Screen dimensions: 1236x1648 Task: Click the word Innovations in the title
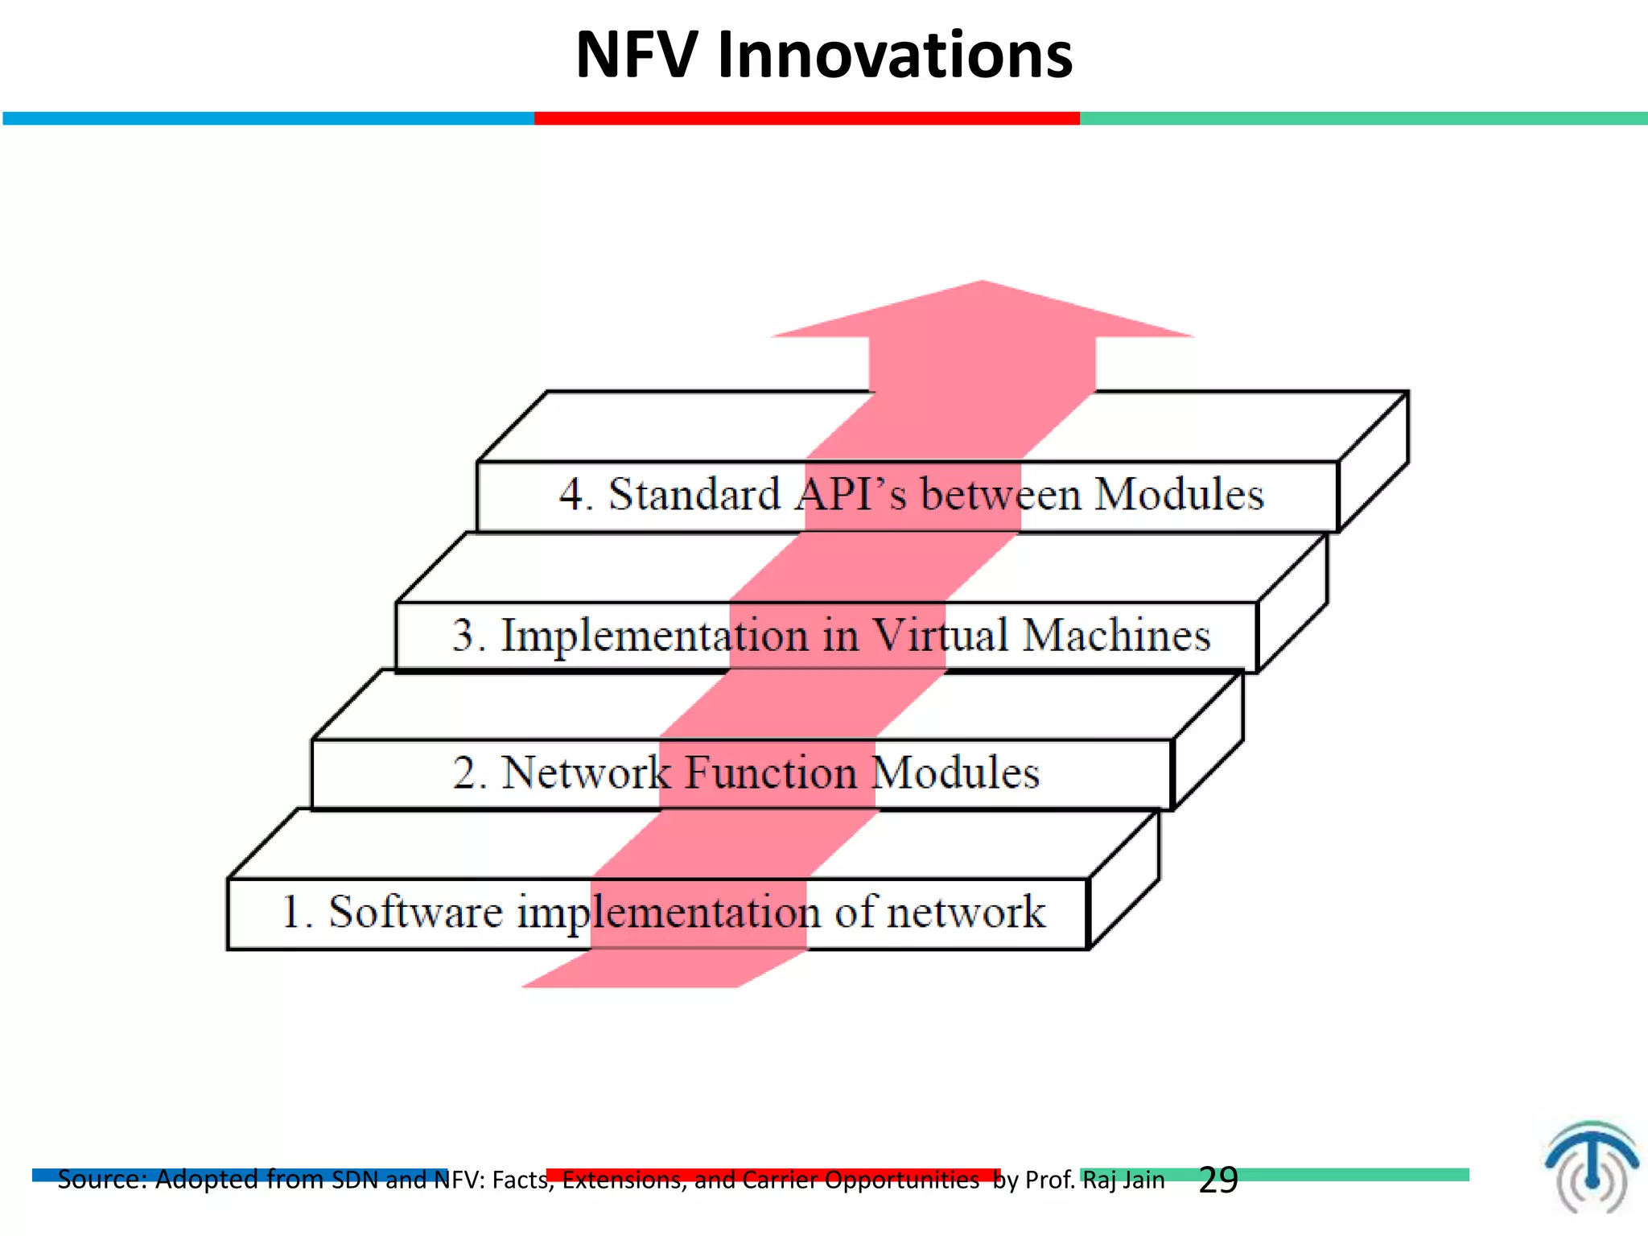(894, 56)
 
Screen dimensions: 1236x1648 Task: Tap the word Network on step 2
(585, 772)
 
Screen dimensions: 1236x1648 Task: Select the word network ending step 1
(965, 912)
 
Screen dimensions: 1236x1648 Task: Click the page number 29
(1217, 1180)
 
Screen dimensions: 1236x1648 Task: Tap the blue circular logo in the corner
(1590, 1167)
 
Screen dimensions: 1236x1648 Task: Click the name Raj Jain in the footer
(1123, 1180)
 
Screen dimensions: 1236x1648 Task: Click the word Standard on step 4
(694, 494)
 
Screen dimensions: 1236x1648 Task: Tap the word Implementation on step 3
(654, 635)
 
